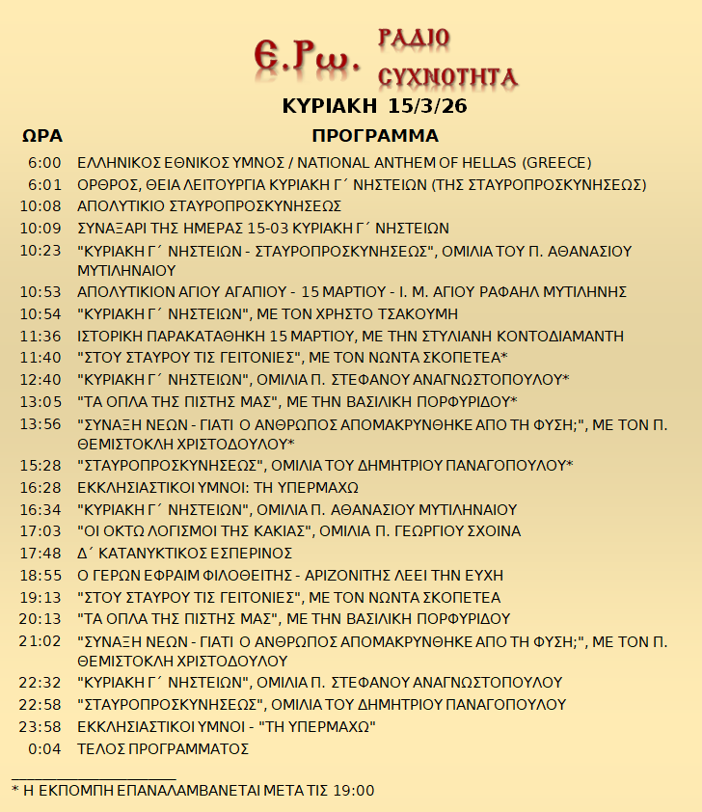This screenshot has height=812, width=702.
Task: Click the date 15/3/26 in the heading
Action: tap(428, 106)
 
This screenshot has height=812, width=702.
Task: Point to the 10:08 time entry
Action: tap(40, 206)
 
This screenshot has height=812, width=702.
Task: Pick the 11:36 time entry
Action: tap(40, 336)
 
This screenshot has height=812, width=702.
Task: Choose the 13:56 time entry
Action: tap(40, 423)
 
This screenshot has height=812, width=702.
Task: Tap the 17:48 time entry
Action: tap(40, 553)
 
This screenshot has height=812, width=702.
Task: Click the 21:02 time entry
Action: tap(40, 640)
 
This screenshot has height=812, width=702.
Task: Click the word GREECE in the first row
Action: tap(555, 162)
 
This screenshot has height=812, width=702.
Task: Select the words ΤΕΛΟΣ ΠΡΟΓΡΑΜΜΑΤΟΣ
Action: tap(163, 748)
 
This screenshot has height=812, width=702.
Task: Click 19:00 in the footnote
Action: tap(353, 791)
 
